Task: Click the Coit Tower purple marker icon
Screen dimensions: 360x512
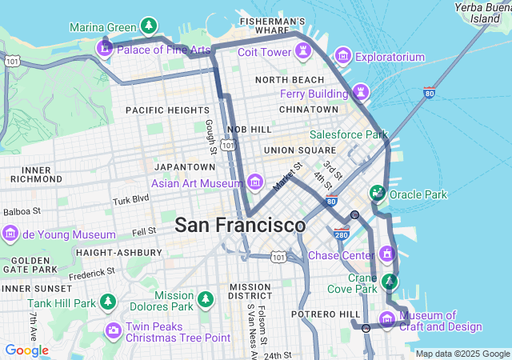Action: point(303,52)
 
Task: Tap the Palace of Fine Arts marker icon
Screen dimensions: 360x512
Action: point(104,50)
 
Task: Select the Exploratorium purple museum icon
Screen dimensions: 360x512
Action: point(343,56)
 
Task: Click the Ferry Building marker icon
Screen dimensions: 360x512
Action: point(362,93)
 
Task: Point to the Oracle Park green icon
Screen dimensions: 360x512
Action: point(377,193)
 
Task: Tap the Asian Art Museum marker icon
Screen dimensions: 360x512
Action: point(255,182)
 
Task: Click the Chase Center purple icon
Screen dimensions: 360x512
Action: point(387,255)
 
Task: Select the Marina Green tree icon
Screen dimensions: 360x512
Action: point(148,26)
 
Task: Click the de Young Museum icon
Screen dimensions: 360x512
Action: point(10,234)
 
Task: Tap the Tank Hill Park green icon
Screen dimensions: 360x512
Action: point(107,302)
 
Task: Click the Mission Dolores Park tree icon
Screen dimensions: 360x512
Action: point(206,299)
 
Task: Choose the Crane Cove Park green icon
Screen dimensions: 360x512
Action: point(390,281)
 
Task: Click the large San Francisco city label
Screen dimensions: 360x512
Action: point(240,225)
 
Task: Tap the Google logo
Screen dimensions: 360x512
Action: point(26,350)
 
